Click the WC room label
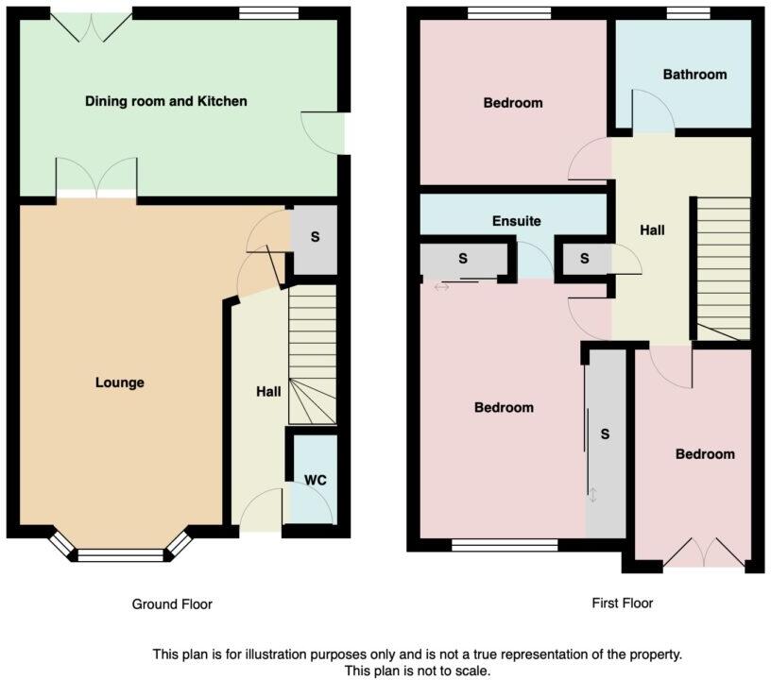[315, 481]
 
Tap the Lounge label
[120, 382]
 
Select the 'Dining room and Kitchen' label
[166, 101]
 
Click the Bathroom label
[694, 75]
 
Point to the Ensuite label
[517, 221]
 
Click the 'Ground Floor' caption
[172, 604]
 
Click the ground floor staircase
[312, 354]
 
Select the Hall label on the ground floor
[268, 391]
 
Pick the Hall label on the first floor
[652, 230]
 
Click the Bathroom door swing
[652, 111]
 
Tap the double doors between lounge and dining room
[96, 179]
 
